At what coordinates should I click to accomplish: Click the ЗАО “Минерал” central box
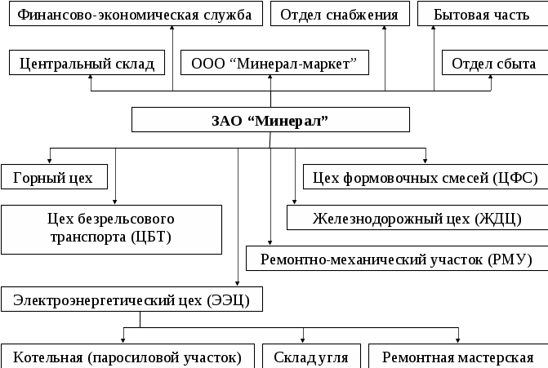pyautogui.click(x=270, y=121)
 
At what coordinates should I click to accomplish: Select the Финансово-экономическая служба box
pyautogui.click(x=134, y=15)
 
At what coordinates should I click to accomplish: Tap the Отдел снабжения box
pyautogui.click(x=339, y=15)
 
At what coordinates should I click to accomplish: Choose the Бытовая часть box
pyautogui.click(x=482, y=15)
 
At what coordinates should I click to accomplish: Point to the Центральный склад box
pyautogui.click(x=87, y=63)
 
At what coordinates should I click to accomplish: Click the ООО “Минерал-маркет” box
pyautogui.click(x=274, y=63)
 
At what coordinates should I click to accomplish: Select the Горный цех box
pyautogui.click(x=54, y=176)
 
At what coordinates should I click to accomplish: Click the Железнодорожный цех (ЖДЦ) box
pyautogui.click(x=417, y=218)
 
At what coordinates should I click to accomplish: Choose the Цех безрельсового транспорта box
pyautogui.click(x=112, y=228)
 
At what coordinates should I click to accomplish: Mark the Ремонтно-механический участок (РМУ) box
pyautogui.click(x=396, y=259)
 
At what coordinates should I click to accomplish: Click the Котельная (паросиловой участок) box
pyautogui.click(x=127, y=357)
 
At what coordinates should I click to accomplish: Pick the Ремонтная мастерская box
pyautogui.click(x=457, y=357)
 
